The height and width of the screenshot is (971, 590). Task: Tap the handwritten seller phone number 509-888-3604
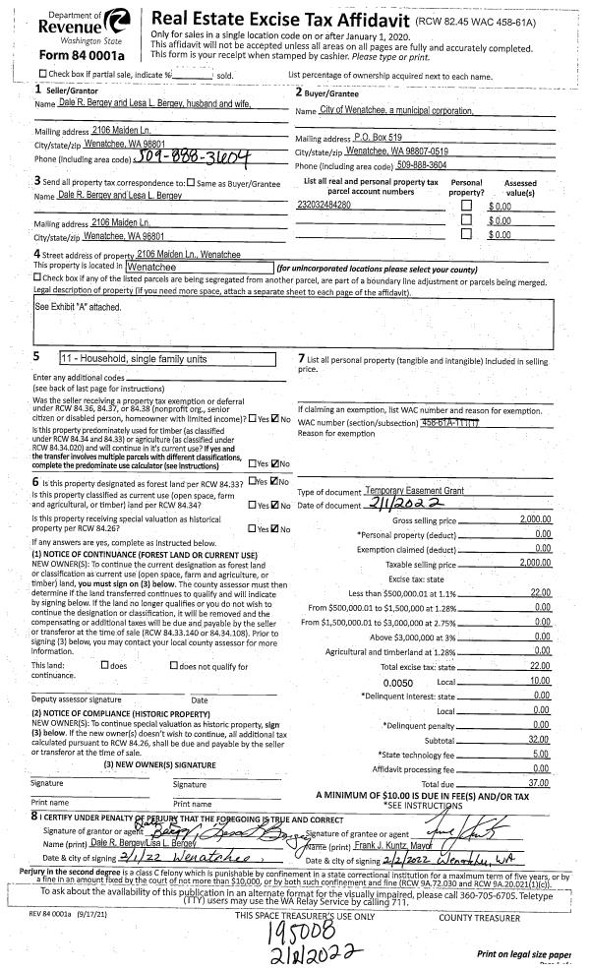[176, 157]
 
